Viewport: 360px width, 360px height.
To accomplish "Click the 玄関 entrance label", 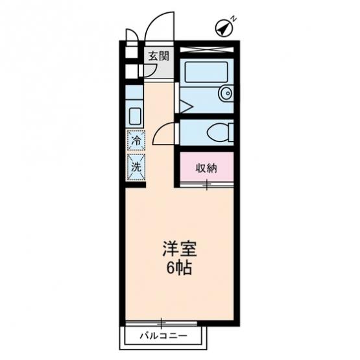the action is tap(158, 56).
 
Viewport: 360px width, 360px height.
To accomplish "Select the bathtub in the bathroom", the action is tap(206, 72).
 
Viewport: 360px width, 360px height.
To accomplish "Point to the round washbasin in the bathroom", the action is tap(226, 93).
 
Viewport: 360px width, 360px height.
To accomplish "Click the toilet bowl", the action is tap(219, 132).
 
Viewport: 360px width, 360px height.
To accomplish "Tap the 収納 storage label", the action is tap(206, 168).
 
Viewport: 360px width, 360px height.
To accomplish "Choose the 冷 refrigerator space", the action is tap(136, 141).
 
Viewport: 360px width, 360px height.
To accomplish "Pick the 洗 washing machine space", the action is tap(136, 167).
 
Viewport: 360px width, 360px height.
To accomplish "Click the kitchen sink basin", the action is tap(135, 116).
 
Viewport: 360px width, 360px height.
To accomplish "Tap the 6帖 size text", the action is tap(179, 268).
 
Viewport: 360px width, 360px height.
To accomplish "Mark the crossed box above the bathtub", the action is tap(206, 49).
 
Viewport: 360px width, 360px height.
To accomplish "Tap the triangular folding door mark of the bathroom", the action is tap(186, 106).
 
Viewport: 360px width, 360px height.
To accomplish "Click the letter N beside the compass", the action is tap(234, 19).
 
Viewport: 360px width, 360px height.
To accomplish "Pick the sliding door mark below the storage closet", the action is tap(206, 185).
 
